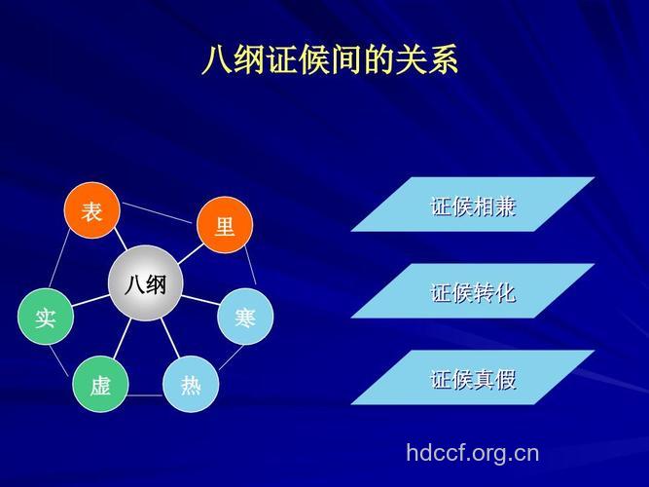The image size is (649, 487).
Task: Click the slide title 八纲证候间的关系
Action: click(329, 60)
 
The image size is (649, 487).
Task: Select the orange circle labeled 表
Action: click(91, 211)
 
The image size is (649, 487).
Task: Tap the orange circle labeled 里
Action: click(224, 227)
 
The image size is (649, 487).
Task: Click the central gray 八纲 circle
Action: click(145, 283)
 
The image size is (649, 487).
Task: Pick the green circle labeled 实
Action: click(46, 318)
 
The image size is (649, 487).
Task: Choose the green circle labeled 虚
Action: click(100, 385)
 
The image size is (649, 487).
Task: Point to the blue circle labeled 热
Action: click(191, 385)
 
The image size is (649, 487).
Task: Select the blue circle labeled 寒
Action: click(245, 317)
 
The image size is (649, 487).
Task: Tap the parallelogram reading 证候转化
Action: click(473, 291)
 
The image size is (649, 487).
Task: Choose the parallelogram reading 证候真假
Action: click(473, 378)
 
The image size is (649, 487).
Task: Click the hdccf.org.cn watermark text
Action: click(472, 452)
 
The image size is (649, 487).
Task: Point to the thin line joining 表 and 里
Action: click(158, 212)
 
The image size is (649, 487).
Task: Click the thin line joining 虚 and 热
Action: click(145, 394)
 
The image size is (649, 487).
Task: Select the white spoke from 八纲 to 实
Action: click(90, 302)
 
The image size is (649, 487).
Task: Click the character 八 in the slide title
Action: click(215, 60)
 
